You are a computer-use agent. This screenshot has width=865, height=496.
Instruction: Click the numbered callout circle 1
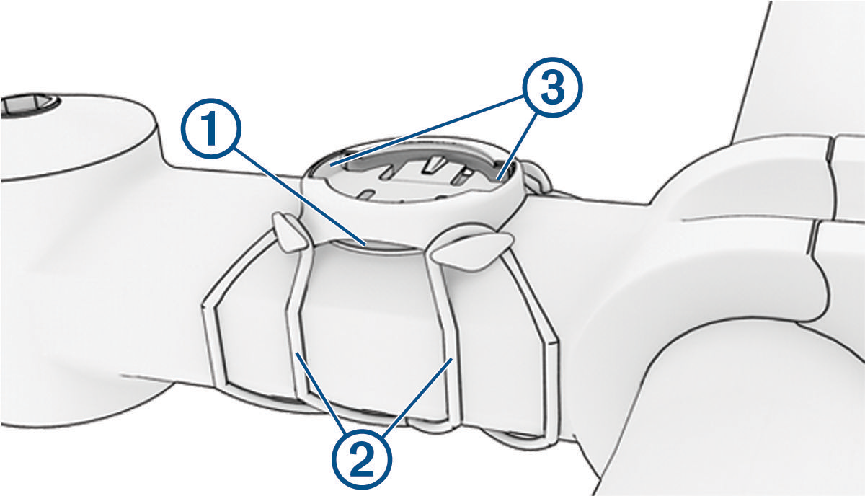[x=211, y=128]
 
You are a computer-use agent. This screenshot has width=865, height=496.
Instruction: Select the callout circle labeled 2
[x=362, y=460]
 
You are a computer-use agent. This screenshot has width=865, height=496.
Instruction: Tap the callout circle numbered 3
[x=552, y=87]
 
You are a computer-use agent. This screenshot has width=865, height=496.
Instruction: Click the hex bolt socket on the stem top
[x=29, y=105]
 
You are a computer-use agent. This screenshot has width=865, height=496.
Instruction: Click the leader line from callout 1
[x=299, y=195]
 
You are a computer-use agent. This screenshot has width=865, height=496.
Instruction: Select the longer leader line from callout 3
[x=427, y=130]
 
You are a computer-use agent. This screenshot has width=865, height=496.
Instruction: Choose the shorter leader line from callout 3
[x=518, y=147]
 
